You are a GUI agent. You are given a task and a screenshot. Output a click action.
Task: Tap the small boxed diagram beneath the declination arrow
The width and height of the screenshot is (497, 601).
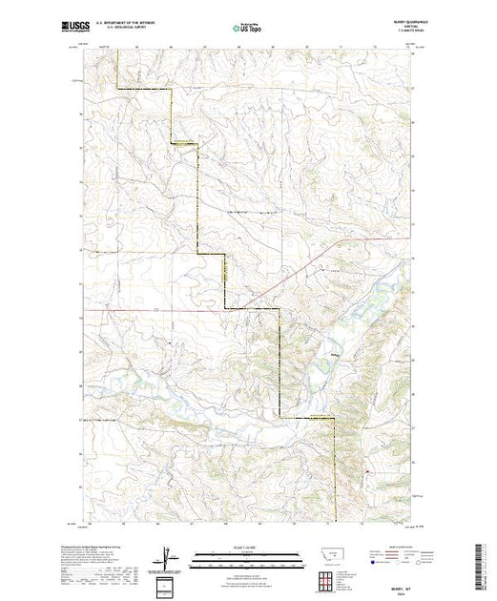click(x=170, y=584)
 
